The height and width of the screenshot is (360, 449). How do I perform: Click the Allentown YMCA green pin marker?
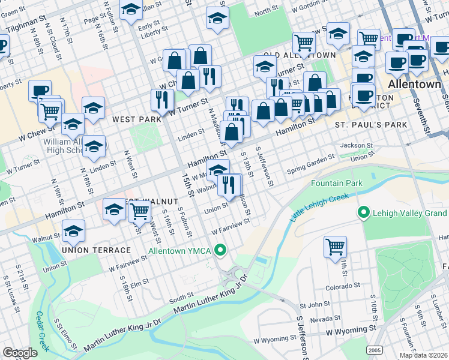221,250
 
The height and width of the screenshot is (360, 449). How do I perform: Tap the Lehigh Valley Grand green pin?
363,212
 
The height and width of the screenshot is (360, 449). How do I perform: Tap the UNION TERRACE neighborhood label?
96,250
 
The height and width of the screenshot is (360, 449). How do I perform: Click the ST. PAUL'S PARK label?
370,125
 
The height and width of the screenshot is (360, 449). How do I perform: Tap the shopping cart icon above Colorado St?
335,246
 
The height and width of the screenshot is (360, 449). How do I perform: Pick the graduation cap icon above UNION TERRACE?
73,230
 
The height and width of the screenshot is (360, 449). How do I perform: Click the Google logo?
20,352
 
